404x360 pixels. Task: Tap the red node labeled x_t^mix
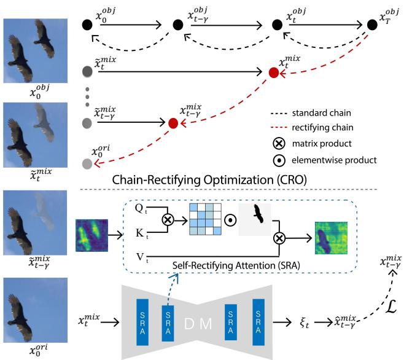point(274,72)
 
